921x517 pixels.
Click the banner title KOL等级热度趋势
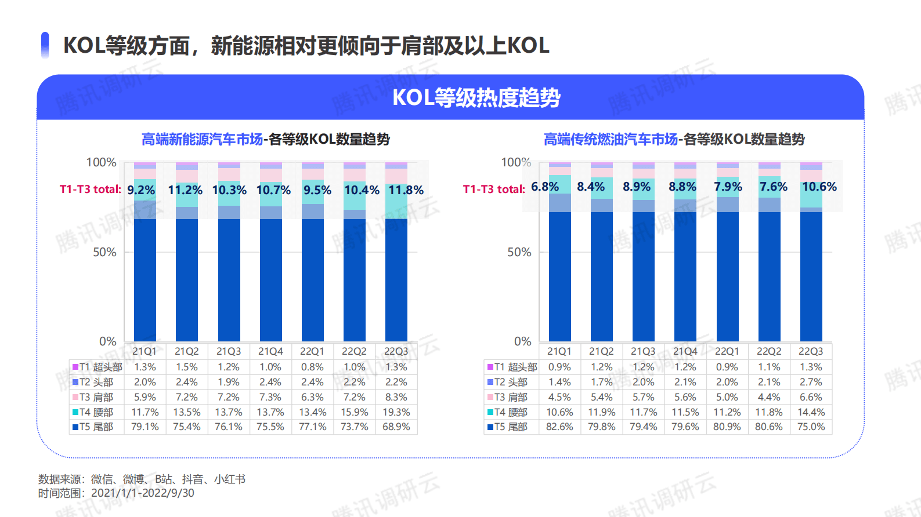tap(476, 97)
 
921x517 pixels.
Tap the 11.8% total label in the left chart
tap(406, 190)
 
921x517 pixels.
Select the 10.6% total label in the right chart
tap(819, 187)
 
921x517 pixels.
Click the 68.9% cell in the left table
tap(396, 427)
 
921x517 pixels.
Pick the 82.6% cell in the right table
tap(559, 427)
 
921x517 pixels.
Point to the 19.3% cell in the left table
tap(396, 412)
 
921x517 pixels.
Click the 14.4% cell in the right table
tap(811, 412)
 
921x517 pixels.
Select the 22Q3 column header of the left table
tap(396, 351)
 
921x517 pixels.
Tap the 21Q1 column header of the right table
tap(559, 351)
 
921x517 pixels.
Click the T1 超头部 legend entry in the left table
tap(97, 367)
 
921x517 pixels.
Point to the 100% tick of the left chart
tap(101, 162)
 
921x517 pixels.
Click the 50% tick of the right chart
tap(519, 252)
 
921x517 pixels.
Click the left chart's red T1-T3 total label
tap(90, 190)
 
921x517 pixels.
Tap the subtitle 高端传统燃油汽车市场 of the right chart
tap(611, 139)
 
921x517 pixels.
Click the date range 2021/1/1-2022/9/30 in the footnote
tap(143, 493)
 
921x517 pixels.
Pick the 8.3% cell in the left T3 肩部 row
tap(396, 397)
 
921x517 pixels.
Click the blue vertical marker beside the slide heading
tap(45, 45)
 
